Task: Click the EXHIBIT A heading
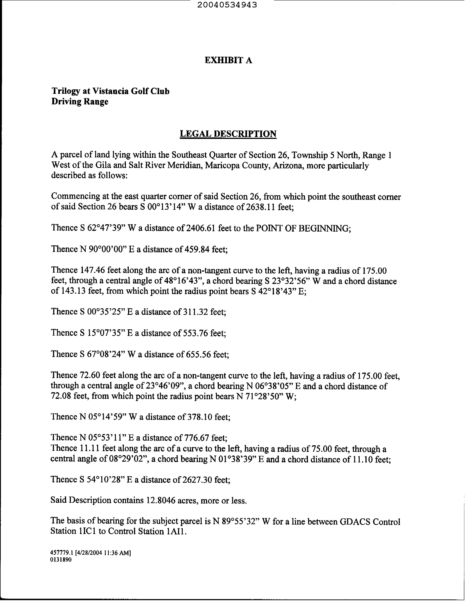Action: [x=228, y=60]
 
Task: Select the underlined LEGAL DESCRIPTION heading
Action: [x=228, y=134]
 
